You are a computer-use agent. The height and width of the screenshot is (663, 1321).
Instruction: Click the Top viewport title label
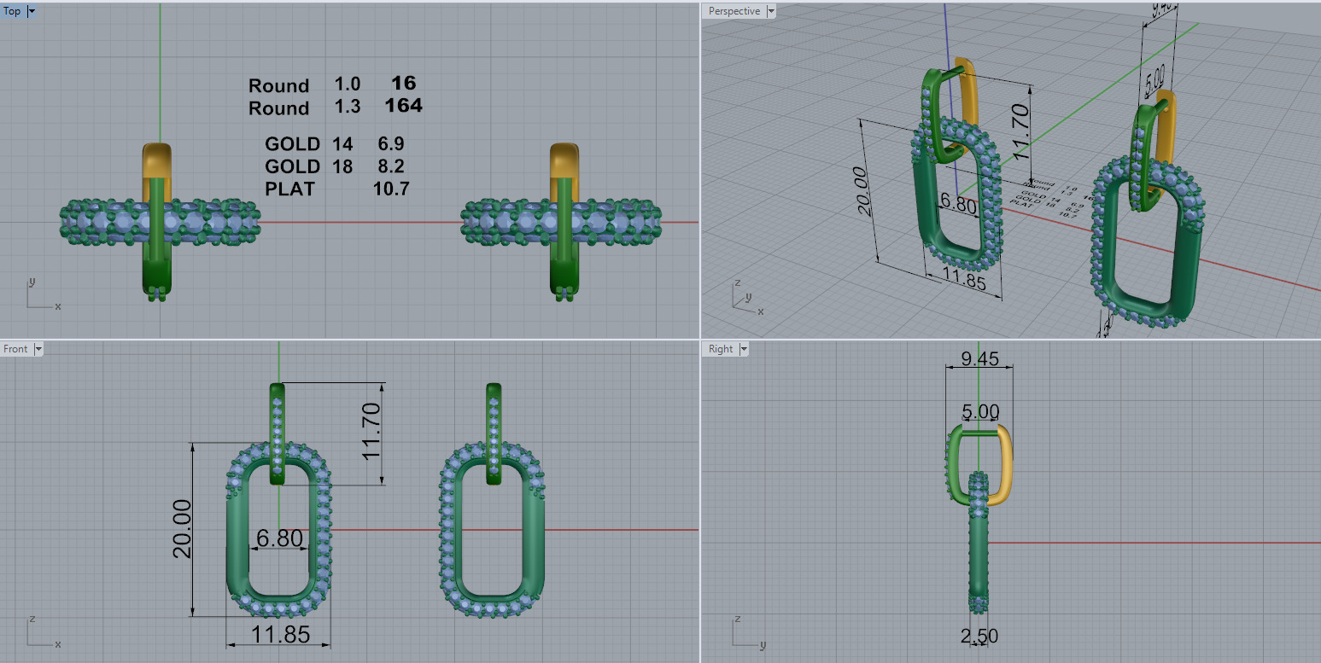coord(13,11)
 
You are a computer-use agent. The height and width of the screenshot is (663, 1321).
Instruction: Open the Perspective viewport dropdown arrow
coord(771,11)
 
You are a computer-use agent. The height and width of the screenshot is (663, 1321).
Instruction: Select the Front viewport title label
coord(15,349)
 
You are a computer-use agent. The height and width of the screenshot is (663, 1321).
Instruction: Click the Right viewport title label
coord(720,349)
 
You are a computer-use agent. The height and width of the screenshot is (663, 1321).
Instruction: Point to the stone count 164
coord(403,106)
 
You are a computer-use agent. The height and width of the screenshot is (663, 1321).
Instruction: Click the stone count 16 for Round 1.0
coord(403,83)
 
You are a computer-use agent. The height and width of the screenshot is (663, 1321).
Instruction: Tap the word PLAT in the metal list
coord(289,189)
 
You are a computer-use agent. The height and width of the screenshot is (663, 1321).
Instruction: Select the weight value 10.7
coord(390,189)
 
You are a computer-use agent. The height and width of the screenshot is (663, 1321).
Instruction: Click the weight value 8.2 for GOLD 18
coord(390,166)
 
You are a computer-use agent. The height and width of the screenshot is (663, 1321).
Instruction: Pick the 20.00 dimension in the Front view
coord(183,528)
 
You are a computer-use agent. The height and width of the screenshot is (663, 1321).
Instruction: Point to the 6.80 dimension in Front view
coord(279,538)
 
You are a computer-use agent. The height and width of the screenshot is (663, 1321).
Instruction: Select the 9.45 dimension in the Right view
coord(979,358)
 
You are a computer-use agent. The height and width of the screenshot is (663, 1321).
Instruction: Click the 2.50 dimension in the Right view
coord(979,636)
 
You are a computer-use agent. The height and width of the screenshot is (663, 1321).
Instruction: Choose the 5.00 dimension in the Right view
coord(979,411)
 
